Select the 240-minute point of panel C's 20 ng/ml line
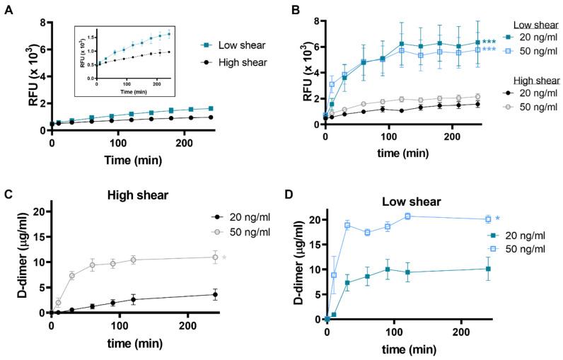click(215, 295)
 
